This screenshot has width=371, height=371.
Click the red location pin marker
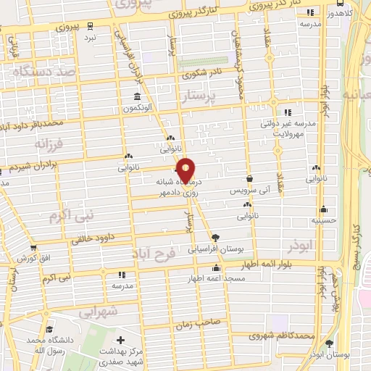click(187, 170)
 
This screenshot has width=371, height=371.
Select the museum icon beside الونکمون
click(137, 98)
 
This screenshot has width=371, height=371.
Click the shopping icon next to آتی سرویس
click(250, 178)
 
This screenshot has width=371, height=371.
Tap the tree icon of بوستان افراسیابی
click(215, 237)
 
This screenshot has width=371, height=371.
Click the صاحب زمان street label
click(199, 325)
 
